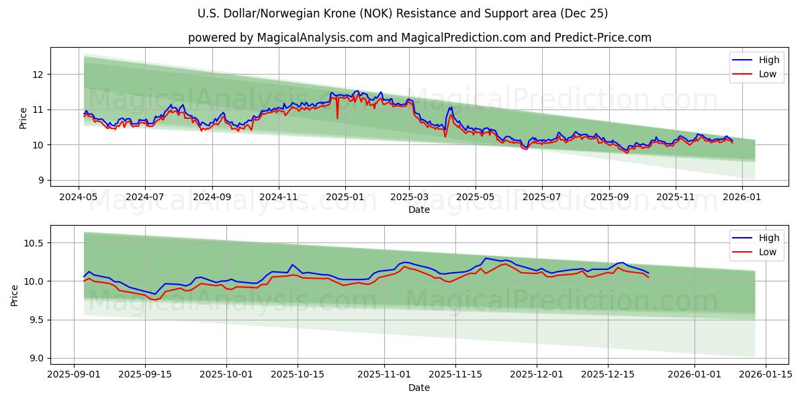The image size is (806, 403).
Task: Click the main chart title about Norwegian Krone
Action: coord(402,13)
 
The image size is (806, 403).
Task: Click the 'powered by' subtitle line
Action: coord(419,38)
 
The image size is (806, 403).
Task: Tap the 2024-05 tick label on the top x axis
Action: coord(79,197)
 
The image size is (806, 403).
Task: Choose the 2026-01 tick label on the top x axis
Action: coord(742,197)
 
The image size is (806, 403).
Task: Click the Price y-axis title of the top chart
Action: coord(23,118)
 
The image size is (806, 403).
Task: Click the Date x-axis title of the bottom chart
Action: coord(419,388)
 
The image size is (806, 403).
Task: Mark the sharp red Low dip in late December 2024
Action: coord(337,118)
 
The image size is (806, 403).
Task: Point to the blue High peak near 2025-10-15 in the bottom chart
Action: coord(292,265)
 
